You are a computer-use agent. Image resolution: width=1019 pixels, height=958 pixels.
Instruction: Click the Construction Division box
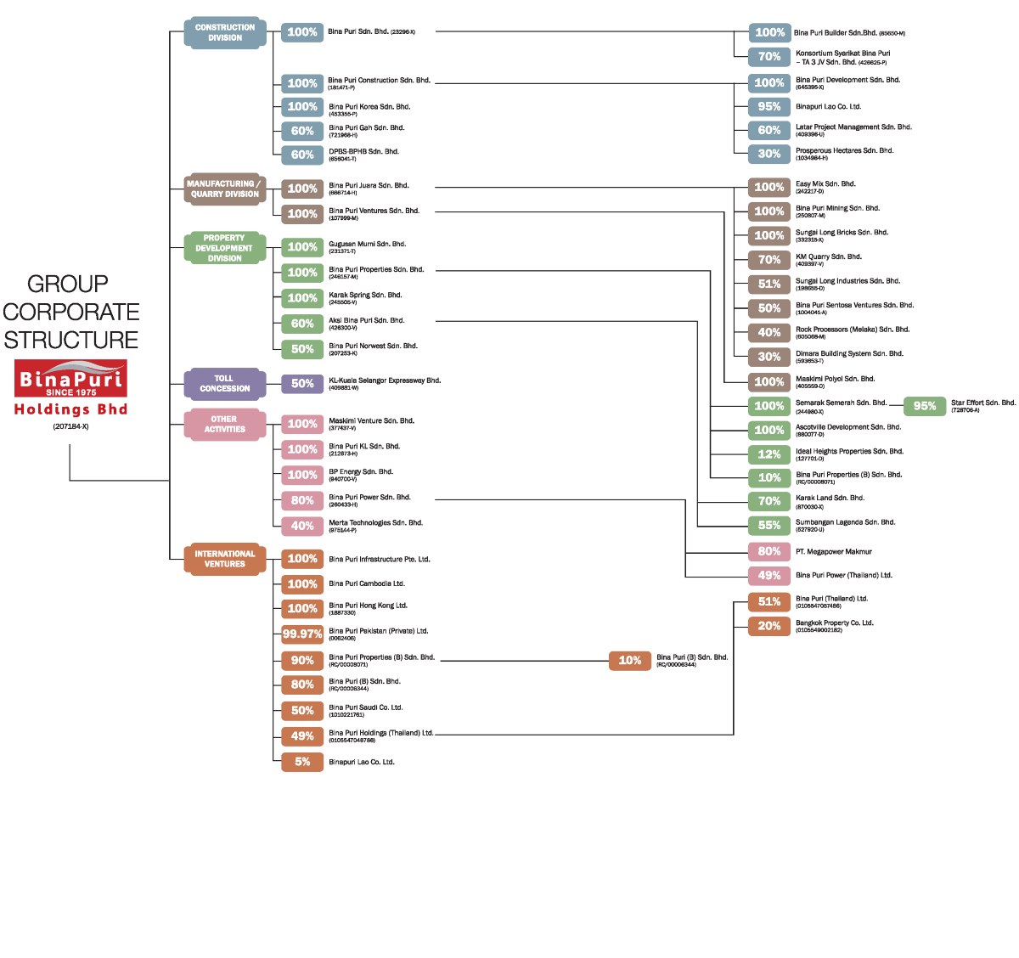[225, 33]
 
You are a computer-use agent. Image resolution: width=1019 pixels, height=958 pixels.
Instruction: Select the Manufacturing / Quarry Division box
[225, 189]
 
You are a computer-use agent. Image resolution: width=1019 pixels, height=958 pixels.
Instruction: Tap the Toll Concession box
[225, 384]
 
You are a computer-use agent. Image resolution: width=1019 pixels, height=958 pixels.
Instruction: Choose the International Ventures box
[225, 560]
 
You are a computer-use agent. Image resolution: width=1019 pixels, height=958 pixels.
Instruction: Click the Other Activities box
[225, 425]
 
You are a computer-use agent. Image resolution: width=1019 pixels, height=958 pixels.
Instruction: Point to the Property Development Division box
[225, 248]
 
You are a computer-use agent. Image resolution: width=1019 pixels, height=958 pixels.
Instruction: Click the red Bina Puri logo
[71, 378]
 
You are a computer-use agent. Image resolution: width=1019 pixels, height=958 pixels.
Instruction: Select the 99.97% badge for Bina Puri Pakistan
[302, 634]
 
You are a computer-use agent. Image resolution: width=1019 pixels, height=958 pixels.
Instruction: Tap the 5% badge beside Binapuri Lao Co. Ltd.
[302, 762]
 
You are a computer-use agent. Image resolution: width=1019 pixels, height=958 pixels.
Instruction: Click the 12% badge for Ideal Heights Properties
[769, 454]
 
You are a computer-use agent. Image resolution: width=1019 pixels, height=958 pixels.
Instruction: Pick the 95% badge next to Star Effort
[925, 406]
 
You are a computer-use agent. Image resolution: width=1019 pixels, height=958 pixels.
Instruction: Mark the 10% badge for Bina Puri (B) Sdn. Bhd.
[630, 660]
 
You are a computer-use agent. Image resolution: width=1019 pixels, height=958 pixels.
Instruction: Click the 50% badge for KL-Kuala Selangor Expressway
[302, 384]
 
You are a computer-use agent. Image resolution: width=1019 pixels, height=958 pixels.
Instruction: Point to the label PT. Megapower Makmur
[834, 552]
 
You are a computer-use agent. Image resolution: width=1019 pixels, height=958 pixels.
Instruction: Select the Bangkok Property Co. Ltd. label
[835, 623]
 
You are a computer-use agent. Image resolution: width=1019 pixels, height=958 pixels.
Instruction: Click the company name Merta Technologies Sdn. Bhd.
[375, 523]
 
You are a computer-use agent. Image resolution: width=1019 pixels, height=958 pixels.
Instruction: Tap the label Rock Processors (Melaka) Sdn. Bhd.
[853, 330]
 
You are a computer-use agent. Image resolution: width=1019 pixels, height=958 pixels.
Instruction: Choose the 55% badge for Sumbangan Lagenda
[769, 526]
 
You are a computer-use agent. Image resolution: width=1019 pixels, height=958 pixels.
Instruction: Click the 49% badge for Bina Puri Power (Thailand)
[769, 576]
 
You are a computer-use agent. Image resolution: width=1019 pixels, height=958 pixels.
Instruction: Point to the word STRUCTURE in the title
[71, 341]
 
